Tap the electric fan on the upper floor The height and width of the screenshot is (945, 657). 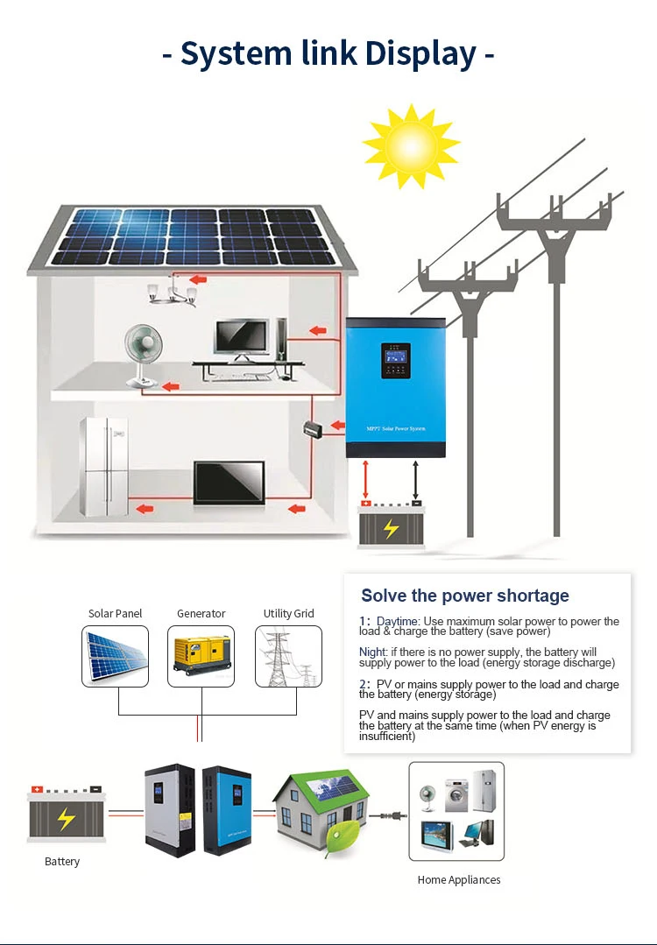coord(144,356)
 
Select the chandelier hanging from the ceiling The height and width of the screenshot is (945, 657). coord(172,292)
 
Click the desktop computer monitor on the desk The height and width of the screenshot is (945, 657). coord(242,340)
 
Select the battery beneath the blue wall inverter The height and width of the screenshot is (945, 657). coord(391,525)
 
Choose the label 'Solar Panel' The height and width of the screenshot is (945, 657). coord(115,614)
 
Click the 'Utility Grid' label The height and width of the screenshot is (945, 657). coord(288,614)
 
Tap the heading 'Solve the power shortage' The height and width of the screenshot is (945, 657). coord(465,596)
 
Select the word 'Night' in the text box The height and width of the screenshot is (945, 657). coord(371,652)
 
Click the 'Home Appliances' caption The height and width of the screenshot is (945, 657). coord(459,880)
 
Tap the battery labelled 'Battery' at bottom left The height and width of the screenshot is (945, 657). coord(65,815)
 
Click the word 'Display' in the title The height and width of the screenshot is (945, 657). coord(420,53)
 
